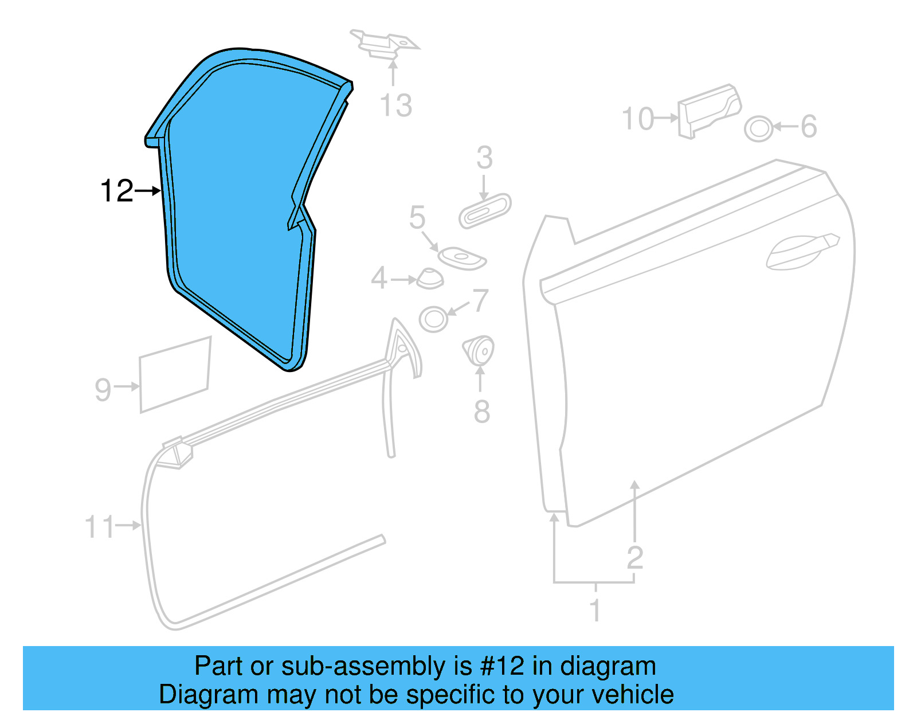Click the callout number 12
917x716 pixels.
[x=116, y=191]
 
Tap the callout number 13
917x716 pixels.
[x=395, y=105]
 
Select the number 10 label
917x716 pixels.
[x=638, y=119]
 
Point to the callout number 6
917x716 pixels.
[x=809, y=127]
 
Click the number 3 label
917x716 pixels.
[x=484, y=158]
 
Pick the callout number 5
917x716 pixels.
[x=417, y=218]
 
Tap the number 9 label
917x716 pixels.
[x=103, y=389]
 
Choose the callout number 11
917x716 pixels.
[x=99, y=527]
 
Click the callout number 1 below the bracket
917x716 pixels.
[x=595, y=610]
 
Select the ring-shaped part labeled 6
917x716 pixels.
[x=759, y=128]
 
